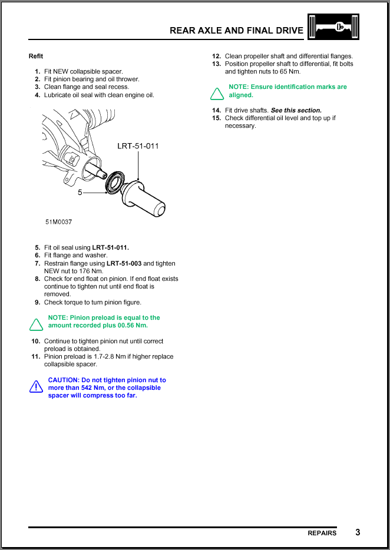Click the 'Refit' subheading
pos(36,57)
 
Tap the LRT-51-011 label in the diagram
pos(138,146)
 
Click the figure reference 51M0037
pos(59,223)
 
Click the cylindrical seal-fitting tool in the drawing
pos(144,197)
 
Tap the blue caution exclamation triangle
pos(37,387)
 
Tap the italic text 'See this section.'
pos(296,110)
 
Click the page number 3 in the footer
pos(358,532)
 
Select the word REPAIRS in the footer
pos(322,533)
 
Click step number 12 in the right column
pos(216,57)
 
